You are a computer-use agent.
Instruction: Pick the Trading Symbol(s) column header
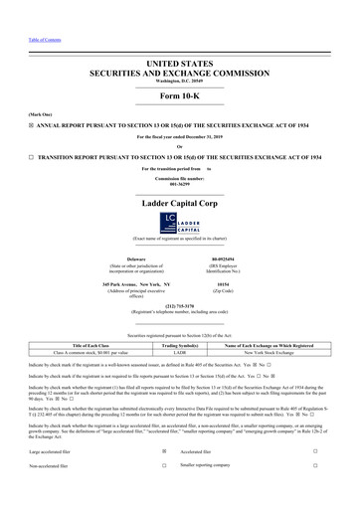[x=180, y=345]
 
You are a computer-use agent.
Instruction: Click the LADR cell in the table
[x=180, y=353]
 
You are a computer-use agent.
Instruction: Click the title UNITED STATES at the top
[x=179, y=63]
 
